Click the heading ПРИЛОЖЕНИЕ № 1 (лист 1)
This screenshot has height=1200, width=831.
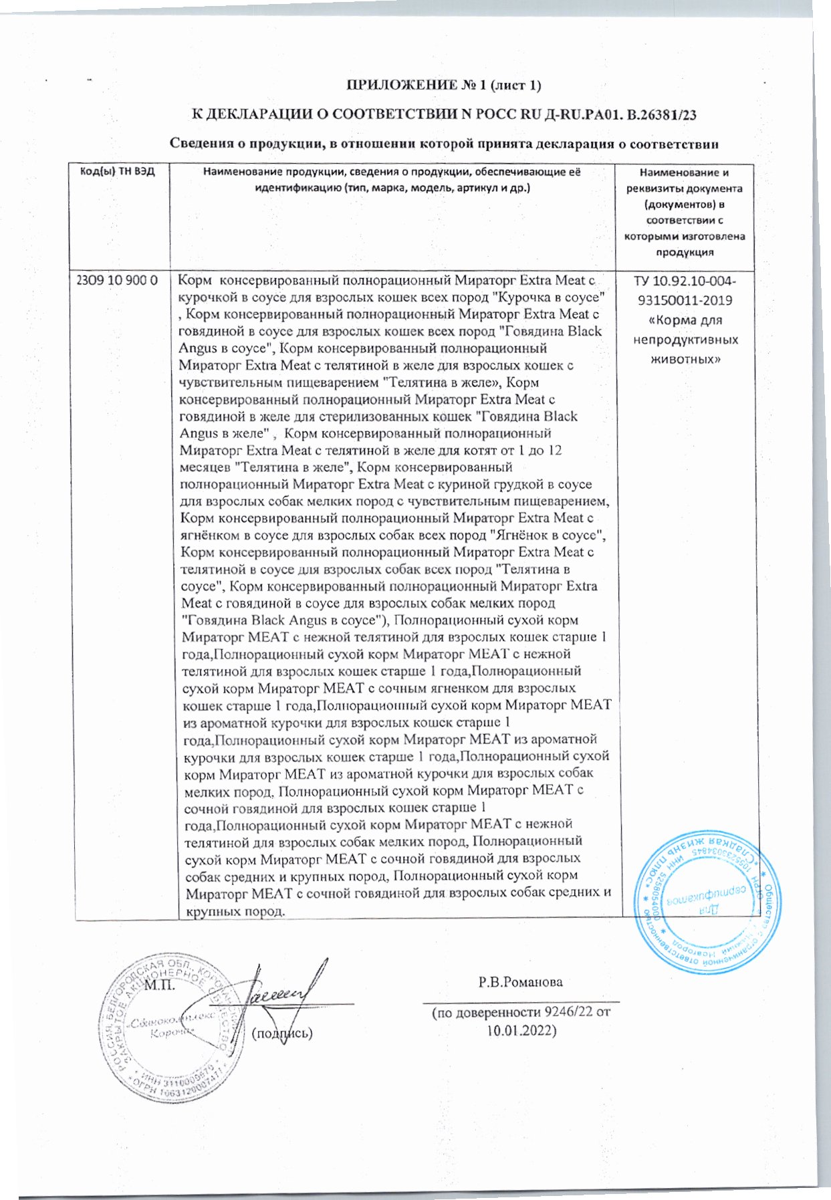tap(443, 85)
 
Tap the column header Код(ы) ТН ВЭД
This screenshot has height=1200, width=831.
tap(117, 172)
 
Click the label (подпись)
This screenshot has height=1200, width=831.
tap(281, 1034)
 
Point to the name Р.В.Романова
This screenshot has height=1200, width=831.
tap(520, 982)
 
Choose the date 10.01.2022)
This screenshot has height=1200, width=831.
tap(521, 1030)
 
